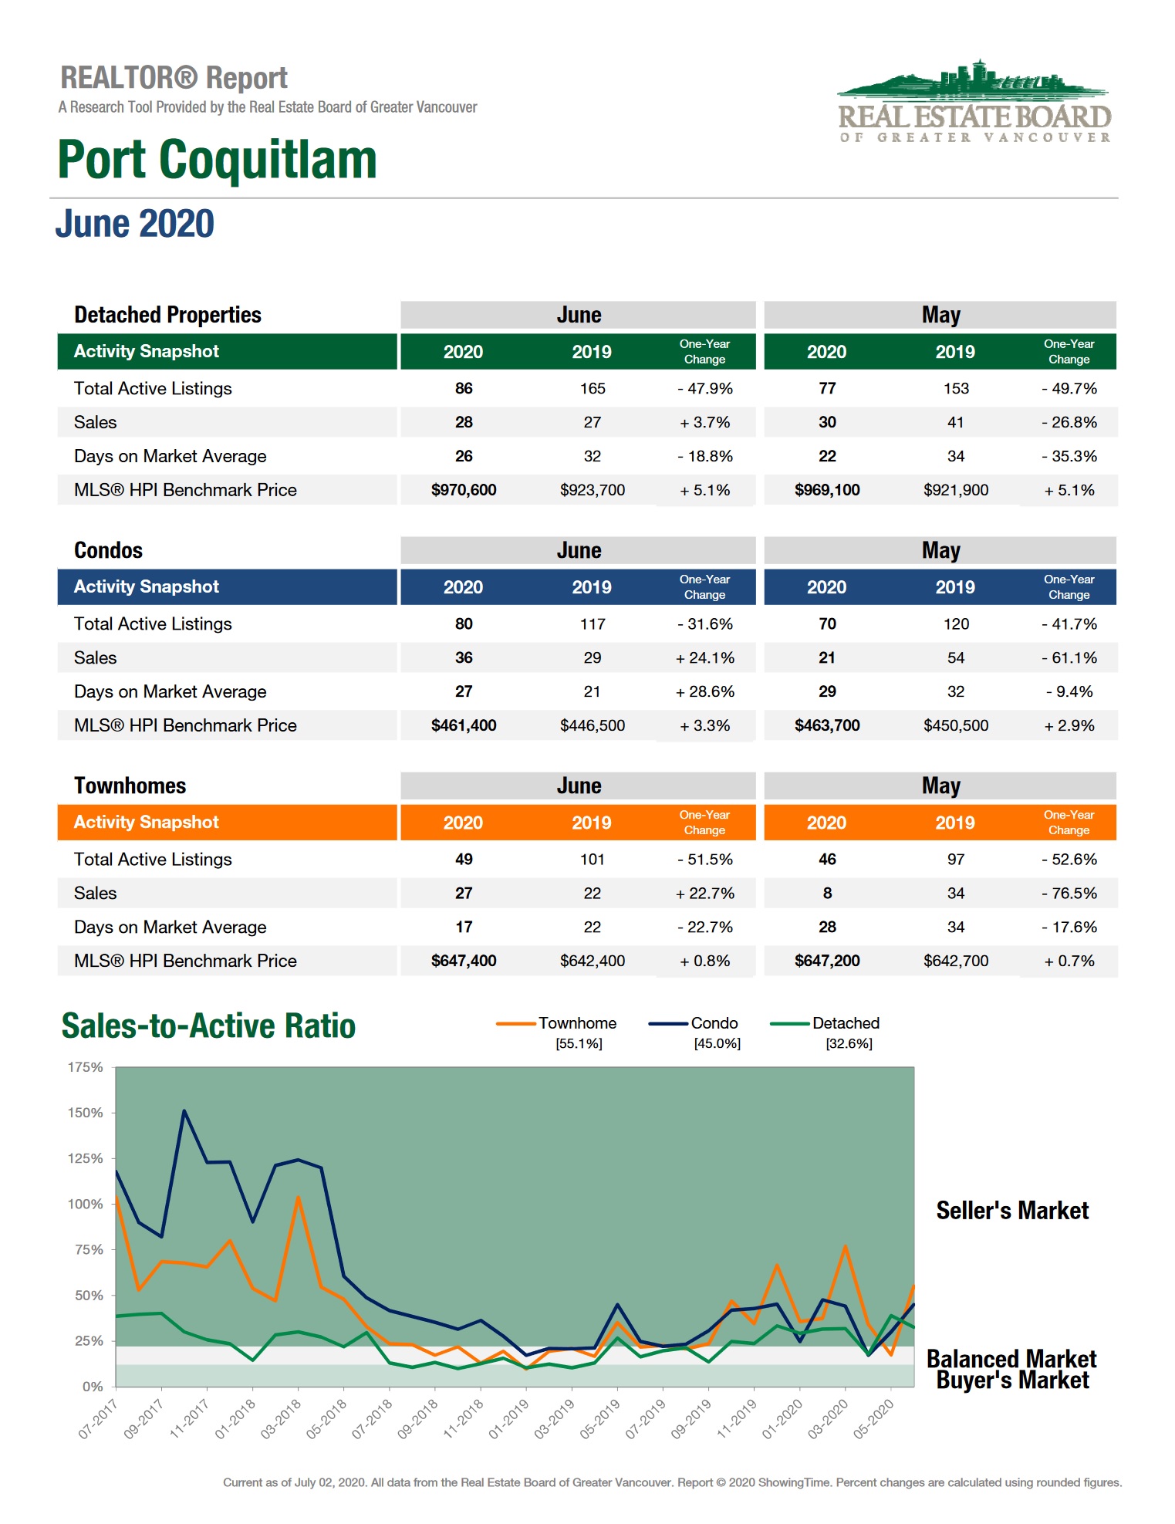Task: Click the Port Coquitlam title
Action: coord(217,160)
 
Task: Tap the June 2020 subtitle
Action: coord(134,224)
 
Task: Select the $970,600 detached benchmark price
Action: coord(463,490)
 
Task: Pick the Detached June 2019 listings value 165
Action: coord(592,388)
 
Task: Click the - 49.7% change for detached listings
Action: coord(1069,388)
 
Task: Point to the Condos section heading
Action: coord(108,550)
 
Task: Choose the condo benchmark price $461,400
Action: coord(463,725)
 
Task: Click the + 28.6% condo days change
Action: coord(704,691)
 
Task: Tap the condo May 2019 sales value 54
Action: coord(955,657)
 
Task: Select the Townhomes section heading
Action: coord(130,786)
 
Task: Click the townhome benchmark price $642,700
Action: coord(955,961)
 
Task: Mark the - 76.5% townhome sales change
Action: coord(1069,893)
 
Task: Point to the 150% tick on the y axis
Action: coord(85,1113)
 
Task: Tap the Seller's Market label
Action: coord(1011,1211)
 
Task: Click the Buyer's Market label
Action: coord(1011,1380)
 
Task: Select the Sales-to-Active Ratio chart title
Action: coord(208,1026)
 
